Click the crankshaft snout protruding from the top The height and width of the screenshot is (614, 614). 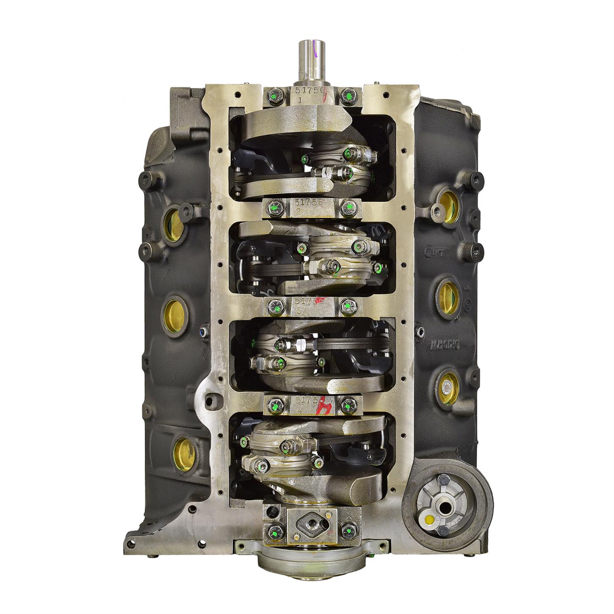[x=309, y=64]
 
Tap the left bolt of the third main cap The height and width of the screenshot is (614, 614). [x=274, y=304]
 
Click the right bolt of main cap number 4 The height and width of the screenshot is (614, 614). [x=348, y=404]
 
